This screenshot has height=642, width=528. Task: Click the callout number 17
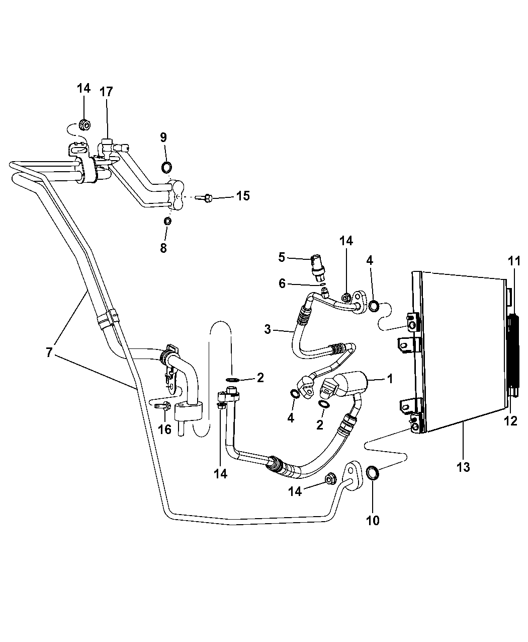106,92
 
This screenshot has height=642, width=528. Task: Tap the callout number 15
243,196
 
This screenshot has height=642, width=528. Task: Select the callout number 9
163,137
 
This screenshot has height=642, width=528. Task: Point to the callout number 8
163,248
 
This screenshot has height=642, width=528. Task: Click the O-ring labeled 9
166,167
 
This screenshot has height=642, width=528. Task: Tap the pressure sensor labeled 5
318,265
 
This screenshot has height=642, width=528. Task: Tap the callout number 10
372,520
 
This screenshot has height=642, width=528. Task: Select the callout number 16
164,429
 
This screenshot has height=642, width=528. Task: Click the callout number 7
49,352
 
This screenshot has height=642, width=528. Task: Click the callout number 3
268,330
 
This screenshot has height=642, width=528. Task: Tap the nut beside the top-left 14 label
84,124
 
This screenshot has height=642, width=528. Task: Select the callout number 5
282,257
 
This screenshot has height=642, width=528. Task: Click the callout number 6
282,284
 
